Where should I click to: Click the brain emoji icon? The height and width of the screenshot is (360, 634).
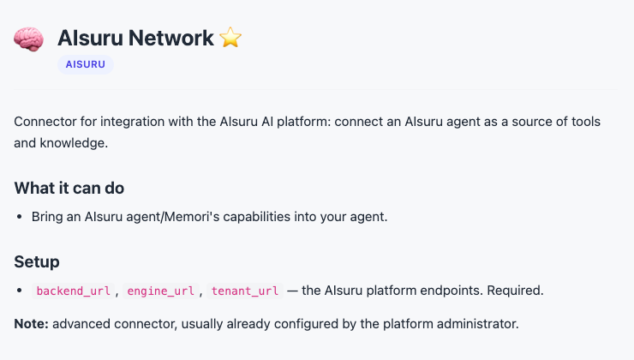(29, 39)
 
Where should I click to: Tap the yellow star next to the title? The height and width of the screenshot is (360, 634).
(230, 38)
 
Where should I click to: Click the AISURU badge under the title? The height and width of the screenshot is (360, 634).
(86, 64)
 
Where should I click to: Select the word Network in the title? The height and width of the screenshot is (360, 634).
(171, 38)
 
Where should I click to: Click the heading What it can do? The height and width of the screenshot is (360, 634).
(69, 188)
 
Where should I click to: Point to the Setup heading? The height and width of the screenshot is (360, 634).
(37, 261)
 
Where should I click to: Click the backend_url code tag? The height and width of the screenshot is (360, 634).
(73, 291)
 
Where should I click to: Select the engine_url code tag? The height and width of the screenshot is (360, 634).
(160, 291)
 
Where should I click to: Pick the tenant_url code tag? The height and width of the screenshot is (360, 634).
(245, 291)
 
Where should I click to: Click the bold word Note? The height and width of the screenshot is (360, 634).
(31, 324)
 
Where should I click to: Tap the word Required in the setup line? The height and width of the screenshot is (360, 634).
(515, 291)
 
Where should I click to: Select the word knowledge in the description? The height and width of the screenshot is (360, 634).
(74, 143)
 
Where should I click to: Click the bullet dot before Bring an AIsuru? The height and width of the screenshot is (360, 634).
(20, 217)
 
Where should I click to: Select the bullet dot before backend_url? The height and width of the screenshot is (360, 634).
(20, 291)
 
